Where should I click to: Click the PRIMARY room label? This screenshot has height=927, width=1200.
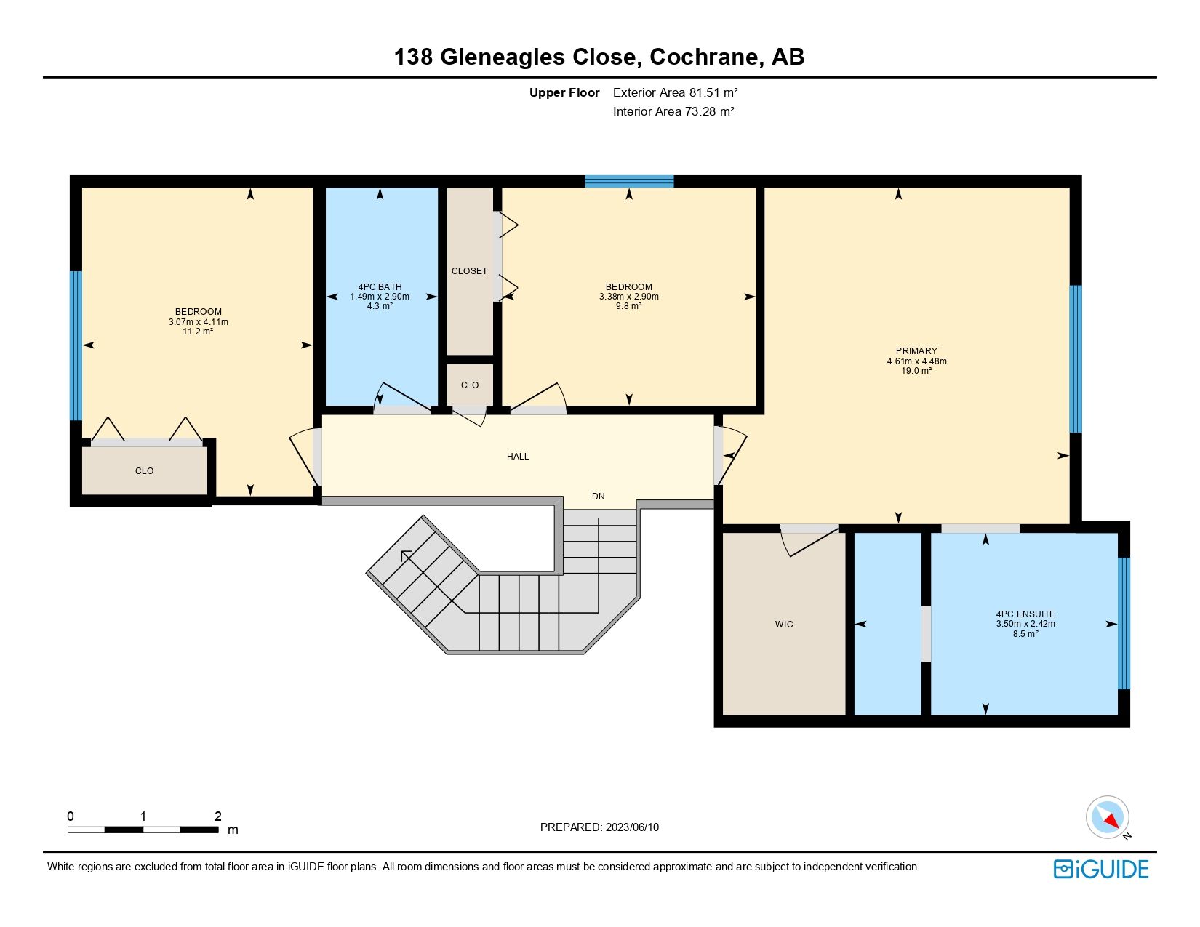point(916,350)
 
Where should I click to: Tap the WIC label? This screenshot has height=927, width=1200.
point(784,624)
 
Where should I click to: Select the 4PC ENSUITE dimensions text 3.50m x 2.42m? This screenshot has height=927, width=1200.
point(1025,624)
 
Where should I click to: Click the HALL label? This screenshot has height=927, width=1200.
point(518,457)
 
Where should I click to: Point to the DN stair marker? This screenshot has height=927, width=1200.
point(598,497)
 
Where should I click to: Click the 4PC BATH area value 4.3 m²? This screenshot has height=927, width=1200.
point(380,306)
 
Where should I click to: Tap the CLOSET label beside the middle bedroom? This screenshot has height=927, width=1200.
point(469,271)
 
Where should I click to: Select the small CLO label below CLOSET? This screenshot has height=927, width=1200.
point(470,385)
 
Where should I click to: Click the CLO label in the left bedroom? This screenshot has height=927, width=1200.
point(144,471)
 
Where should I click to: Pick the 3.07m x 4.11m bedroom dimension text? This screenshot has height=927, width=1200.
point(198,322)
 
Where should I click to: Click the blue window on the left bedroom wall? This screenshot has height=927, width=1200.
point(75,345)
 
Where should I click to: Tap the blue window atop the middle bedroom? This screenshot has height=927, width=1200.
point(629,181)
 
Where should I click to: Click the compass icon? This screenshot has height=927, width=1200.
point(1107,817)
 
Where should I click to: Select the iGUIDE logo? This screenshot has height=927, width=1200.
point(1101,869)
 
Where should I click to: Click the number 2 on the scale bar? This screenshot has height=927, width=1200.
point(217,816)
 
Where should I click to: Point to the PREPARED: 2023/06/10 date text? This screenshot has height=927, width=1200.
point(599,827)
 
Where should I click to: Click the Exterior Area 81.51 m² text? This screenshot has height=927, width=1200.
point(675,92)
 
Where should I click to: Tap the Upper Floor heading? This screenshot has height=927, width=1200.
point(564,92)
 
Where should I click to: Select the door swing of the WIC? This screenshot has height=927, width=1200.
point(809,542)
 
